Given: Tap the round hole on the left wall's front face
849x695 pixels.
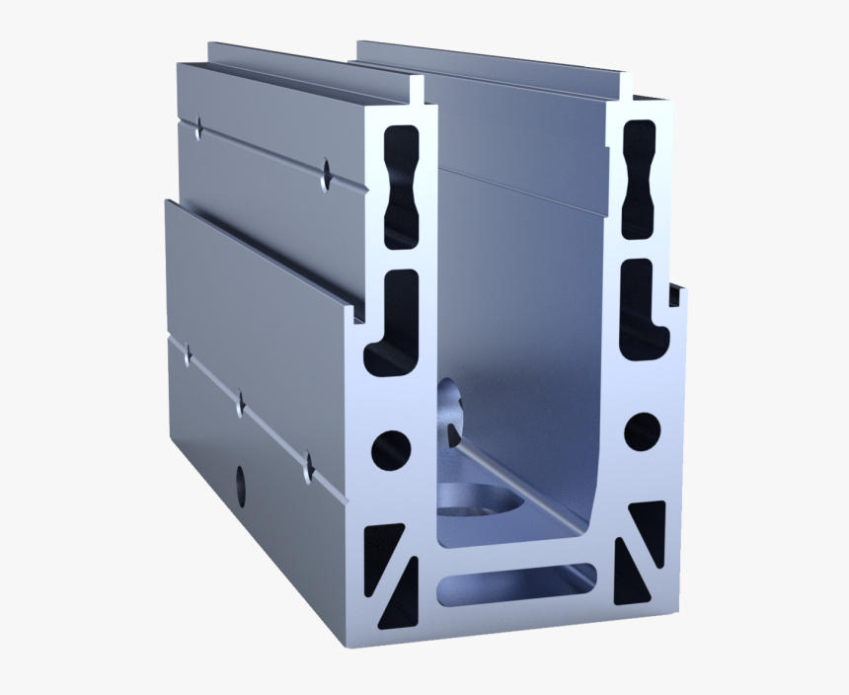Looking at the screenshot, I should [390, 448].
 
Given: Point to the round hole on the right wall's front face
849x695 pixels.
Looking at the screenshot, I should [643, 427].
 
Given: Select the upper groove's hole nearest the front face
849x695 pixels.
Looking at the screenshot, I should [326, 172].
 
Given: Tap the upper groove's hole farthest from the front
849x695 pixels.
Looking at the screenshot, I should [198, 127].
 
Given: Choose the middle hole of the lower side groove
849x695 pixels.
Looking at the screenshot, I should [239, 403].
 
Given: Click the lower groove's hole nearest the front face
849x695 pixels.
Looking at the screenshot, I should [308, 465].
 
